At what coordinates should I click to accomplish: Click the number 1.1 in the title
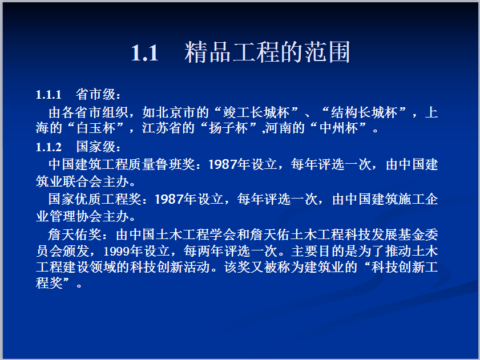[x=144, y=53]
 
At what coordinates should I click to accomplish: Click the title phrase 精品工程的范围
[x=267, y=52]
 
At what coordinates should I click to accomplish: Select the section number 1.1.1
[x=49, y=95]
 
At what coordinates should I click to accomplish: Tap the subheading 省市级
[x=96, y=95]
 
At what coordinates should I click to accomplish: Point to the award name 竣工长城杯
[x=256, y=112]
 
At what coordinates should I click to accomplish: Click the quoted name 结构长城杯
[x=364, y=112]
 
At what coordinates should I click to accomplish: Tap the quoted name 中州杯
[x=338, y=128]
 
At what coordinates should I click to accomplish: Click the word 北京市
[x=176, y=112]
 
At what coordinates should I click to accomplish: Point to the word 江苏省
[x=162, y=128]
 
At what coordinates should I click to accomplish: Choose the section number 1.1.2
[x=49, y=147]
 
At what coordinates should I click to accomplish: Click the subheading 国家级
[x=96, y=147]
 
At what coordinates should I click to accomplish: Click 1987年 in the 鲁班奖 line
[x=229, y=164]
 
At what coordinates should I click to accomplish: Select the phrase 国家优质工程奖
[x=95, y=199]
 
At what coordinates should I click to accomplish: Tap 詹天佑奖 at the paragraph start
[x=74, y=235]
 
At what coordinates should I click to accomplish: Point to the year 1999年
[x=123, y=252]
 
